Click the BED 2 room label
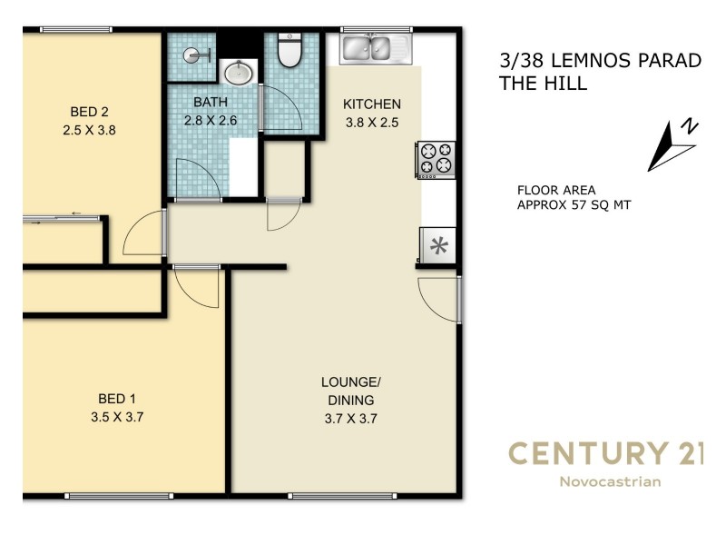pos(89,113)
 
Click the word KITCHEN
pos(371,104)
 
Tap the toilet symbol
pos(289,52)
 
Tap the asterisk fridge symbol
pos(438,245)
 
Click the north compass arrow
pos(670,144)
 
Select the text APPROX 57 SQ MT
pos(574,205)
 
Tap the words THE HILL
pos(544,84)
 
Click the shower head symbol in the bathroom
pos(194,54)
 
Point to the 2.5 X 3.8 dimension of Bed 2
pos(89,130)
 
